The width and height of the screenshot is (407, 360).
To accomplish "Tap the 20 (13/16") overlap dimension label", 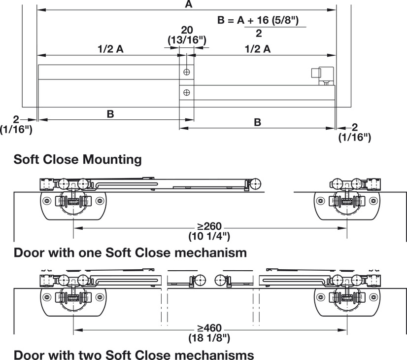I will pyautogui.click(x=186, y=35).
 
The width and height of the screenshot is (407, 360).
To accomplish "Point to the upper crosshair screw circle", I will pyautogui.click(x=186, y=72).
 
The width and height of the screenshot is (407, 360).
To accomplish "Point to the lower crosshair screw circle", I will pyautogui.click(x=186, y=92).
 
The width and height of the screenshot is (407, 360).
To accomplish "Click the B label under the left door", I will pyautogui.click(x=110, y=114).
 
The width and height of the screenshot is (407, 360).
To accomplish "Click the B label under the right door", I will pyautogui.click(x=257, y=122).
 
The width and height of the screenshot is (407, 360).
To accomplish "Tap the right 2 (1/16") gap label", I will pyautogui.click(x=354, y=133).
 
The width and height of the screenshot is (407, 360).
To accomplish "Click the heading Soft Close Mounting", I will pyautogui.click(x=78, y=160).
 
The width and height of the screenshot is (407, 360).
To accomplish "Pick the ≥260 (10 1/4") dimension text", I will pyautogui.click(x=209, y=231).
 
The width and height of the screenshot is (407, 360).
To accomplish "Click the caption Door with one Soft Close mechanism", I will pyautogui.click(x=130, y=253).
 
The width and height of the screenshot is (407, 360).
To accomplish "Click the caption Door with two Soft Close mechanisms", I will pyautogui.click(x=134, y=355).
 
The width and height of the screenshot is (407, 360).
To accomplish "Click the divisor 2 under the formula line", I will pyautogui.click(x=259, y=34).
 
